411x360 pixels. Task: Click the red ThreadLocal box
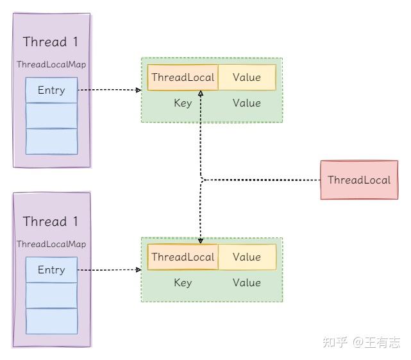click(x=358, y=180)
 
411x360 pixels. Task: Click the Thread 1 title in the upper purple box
click(x=51, y=42)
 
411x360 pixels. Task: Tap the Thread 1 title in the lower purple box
click(x=51, y=222)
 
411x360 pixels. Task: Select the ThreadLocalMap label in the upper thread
click(x=51, y=65)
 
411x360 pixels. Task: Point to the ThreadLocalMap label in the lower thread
click(x=51, y=244)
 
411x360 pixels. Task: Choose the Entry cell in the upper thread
click(x=51, y=90)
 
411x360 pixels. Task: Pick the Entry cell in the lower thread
click(x=51, y=270)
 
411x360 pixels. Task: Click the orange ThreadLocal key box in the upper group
click(x=183, y=78)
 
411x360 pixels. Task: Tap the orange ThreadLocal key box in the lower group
click(x=183, y=257)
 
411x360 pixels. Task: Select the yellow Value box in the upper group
click(x=247, y=78)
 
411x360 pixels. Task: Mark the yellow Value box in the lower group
click(x=247, y=257)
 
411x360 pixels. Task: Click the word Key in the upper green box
click(x=183, y=103)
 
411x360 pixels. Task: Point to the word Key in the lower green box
click(x=183, y=283)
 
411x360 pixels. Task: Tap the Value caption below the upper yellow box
click(x=247, y=103)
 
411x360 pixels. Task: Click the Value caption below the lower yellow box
click(x=247, y=283)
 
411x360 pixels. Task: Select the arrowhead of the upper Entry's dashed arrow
click(x=138, y=90)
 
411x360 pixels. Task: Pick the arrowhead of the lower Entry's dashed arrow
click(x=138, y=270)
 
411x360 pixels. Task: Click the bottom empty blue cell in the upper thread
click(x=51, y=141)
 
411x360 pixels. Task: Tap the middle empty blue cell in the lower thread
click(x=51, y=295)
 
